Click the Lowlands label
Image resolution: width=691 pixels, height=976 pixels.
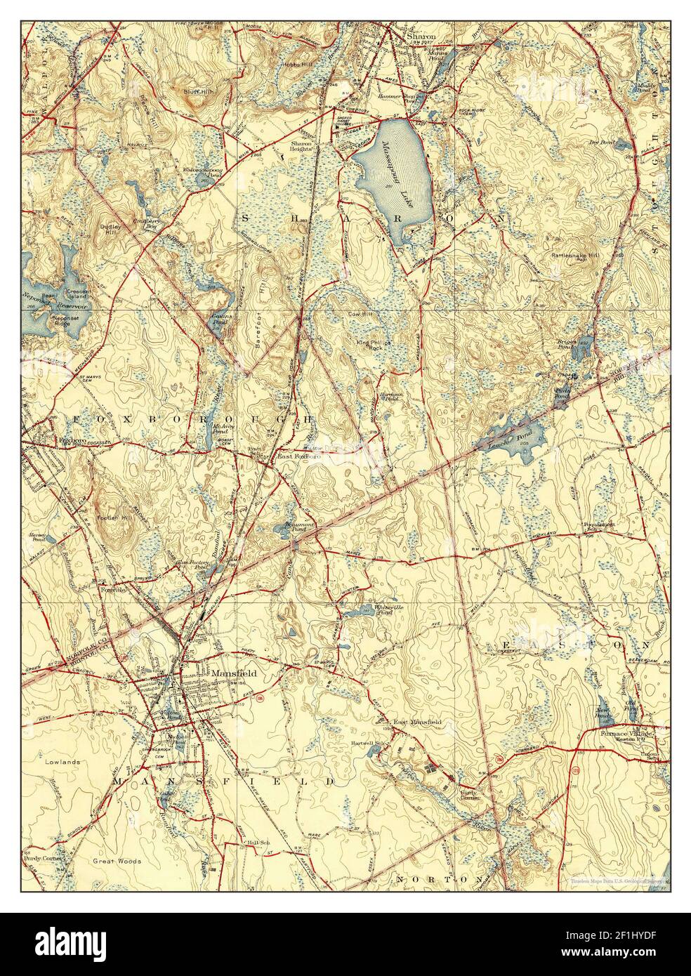(61, 761)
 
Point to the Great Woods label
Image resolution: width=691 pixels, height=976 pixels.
(118, 860)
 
